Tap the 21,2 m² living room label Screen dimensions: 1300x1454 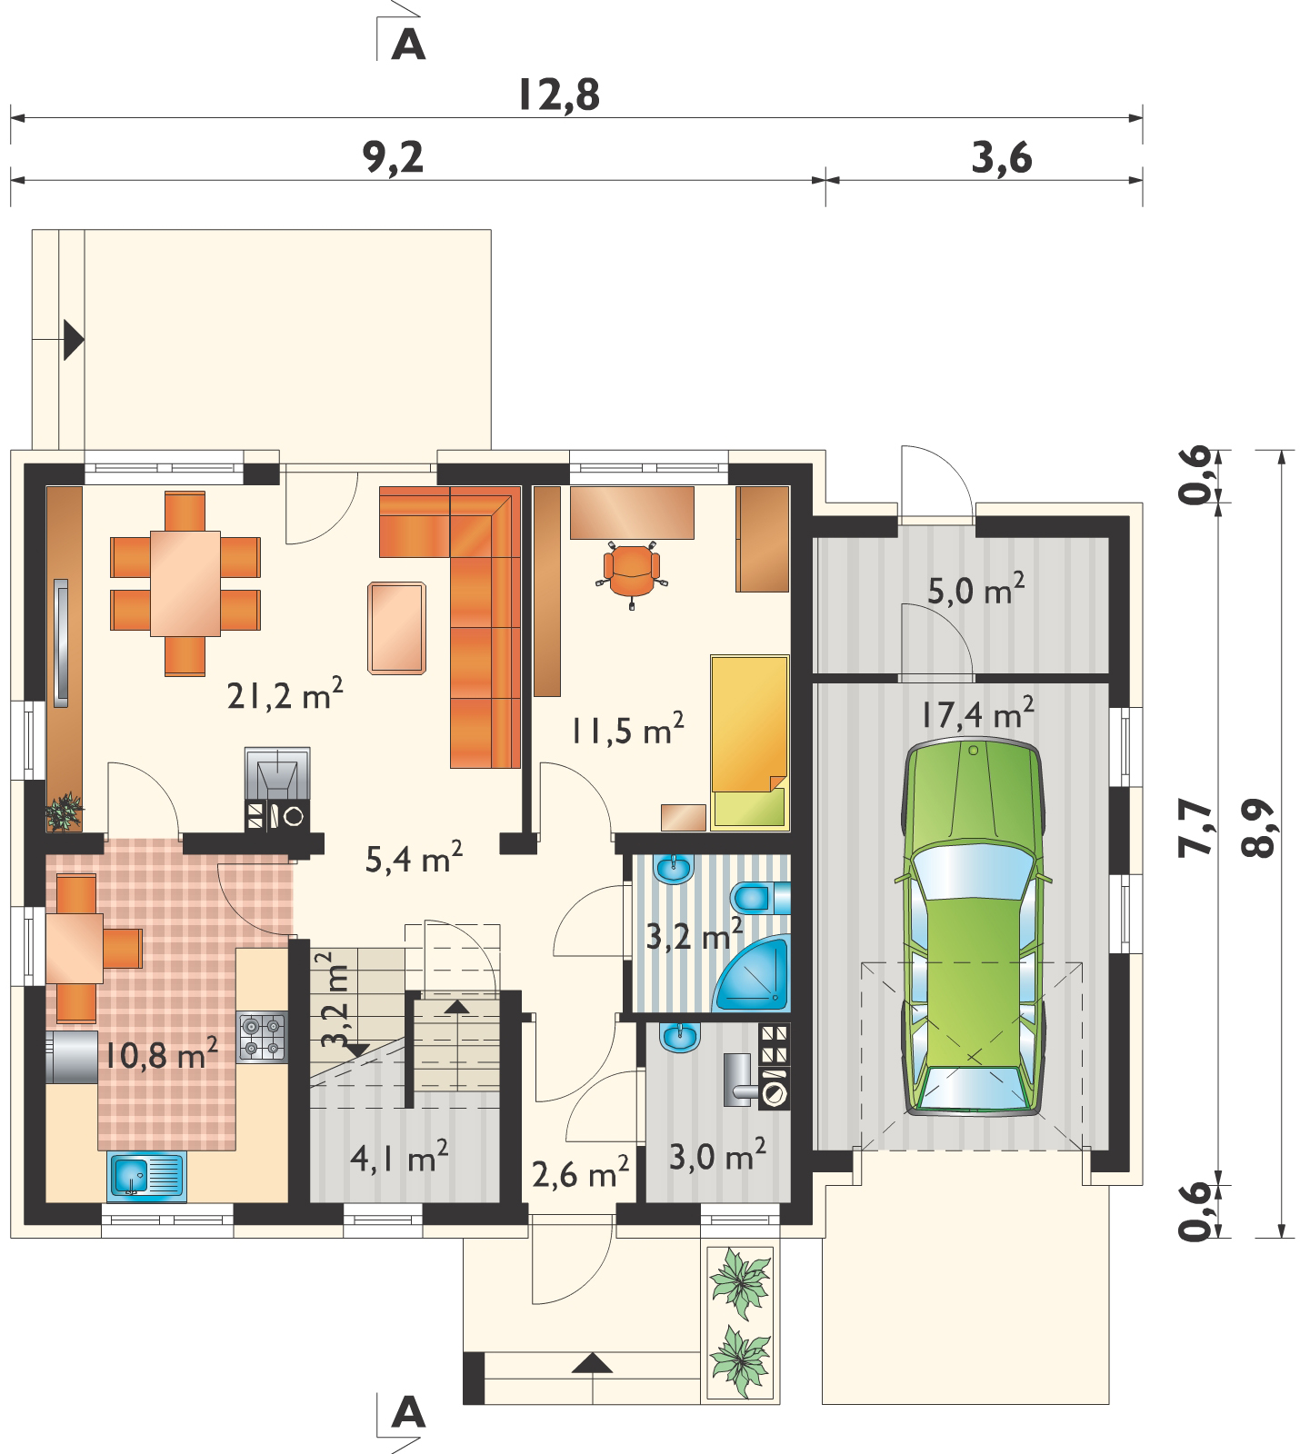[285, 697]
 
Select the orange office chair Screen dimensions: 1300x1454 [633, 569]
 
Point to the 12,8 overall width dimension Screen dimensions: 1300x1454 [559, 95]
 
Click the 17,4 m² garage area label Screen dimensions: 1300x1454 [975, 714]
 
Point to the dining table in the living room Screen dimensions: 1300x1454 [185, 583]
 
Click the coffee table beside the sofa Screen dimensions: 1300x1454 [397, 628]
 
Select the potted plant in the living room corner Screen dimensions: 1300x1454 [65, 811]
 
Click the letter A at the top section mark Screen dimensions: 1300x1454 [408, 45]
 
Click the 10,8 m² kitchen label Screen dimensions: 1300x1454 [161, 1056]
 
